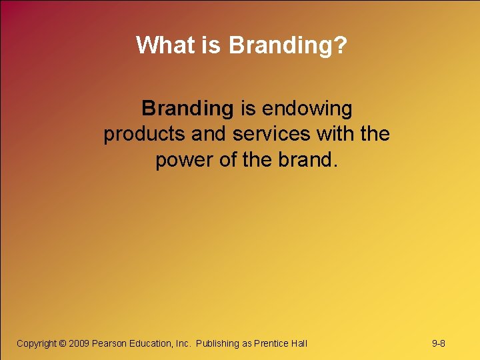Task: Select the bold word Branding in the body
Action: coord(187,107)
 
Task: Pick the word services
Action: coord(271,134)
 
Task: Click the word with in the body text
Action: coord(334,134)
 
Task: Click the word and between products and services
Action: coord(209,134)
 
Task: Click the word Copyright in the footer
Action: coord(36,343)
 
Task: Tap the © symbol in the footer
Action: coord(63,343)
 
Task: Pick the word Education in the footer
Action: coord(151,343)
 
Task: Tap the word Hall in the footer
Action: coord(299,343)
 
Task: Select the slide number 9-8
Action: coord(439,343)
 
